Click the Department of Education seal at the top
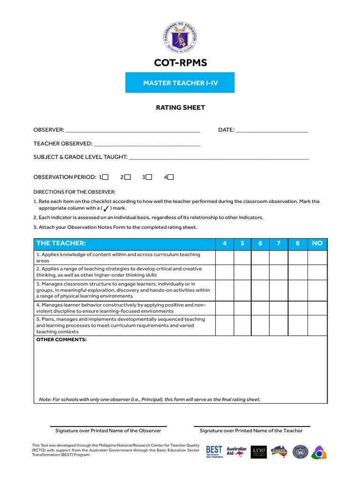tap(180, 37)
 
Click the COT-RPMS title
tap(180, 63)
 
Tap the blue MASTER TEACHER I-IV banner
tap(180, 83)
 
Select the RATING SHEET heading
tap(180, 107)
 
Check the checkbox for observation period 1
tap(105, 177)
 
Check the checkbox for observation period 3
tap(149, 177)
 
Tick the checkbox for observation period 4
tap(171, 177)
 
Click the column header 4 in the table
tap(225, 243)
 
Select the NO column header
tap(317, 243)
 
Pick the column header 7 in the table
tap(278, 243)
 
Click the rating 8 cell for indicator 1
tap(298, 257)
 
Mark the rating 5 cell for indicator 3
tap(242, 290)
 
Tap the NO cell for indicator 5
tap(317, 325)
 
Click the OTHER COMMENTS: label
tap(61, 339)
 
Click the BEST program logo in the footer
tap(214, 452)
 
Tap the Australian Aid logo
tap(237, 452)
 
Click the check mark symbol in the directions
tap(106, 208)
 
